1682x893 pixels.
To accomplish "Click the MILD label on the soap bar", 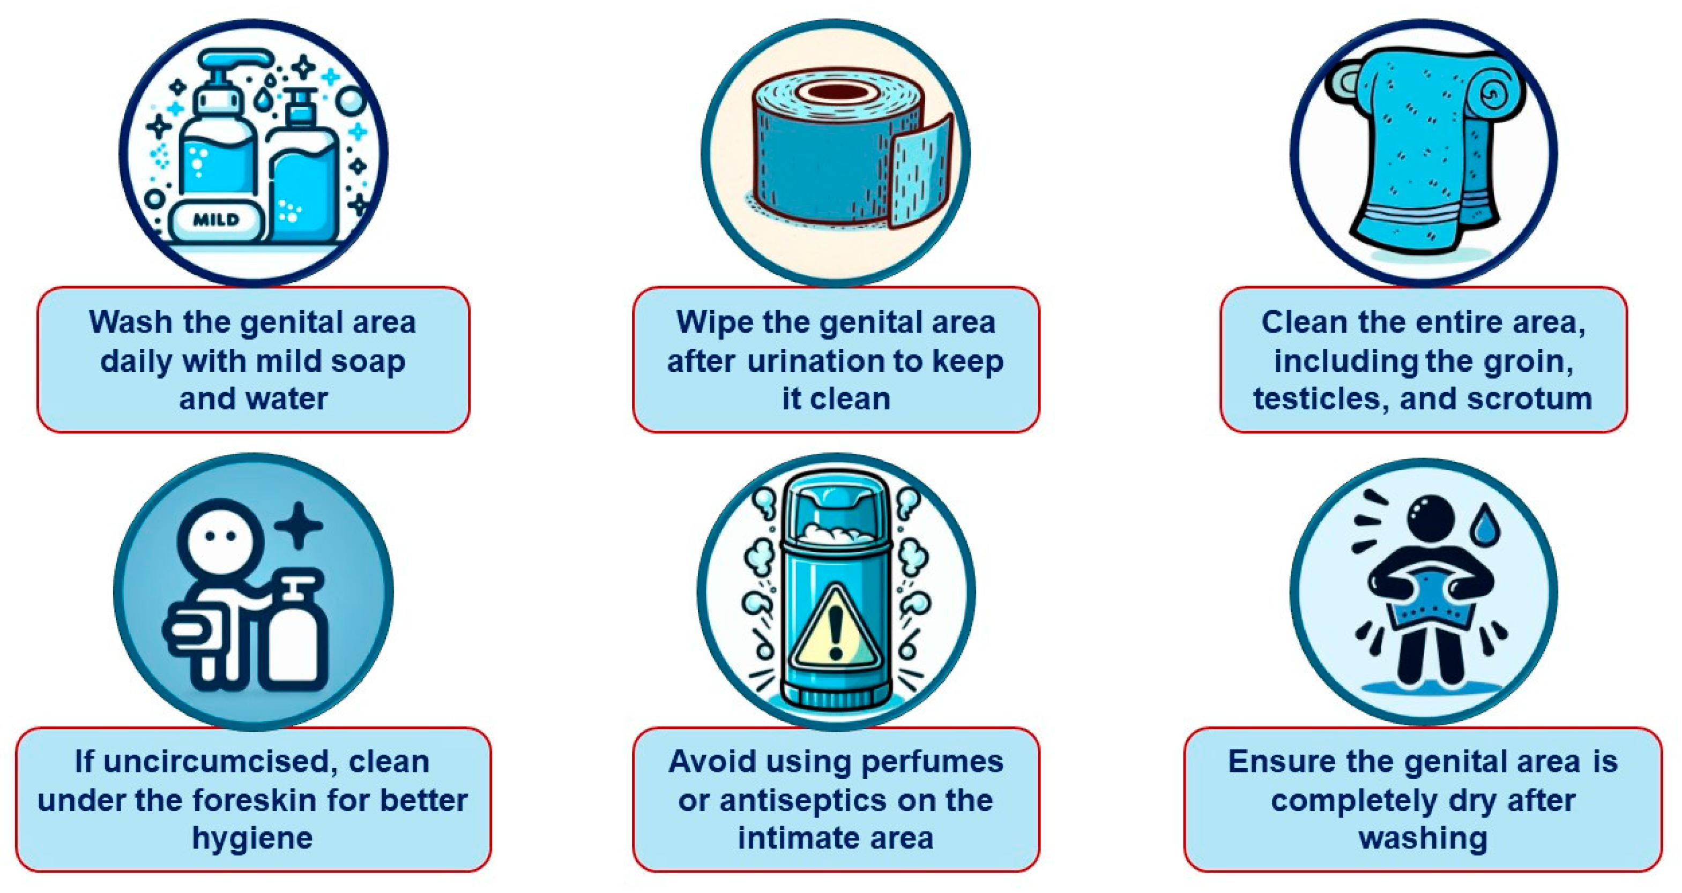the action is (216, 220).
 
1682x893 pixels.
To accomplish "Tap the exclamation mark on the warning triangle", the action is (836, 630).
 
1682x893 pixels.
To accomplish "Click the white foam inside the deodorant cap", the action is (836, 532).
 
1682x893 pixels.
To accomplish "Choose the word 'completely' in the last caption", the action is (1345, 800).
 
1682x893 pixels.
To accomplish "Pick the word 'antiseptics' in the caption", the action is (802, 800).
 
